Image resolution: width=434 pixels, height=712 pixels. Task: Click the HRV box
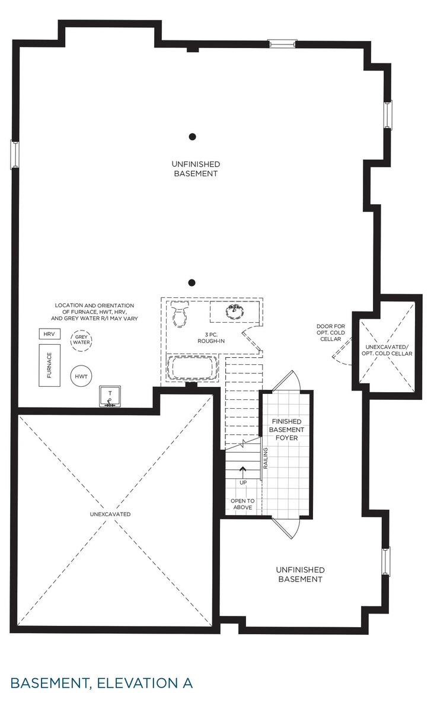click(49, 335)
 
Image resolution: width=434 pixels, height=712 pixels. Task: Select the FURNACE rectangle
click(50, 365)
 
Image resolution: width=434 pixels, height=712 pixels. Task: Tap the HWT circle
click(81, 376)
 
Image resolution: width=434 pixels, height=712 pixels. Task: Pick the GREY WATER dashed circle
click(81, 340)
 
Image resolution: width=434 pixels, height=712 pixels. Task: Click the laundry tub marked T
click(110, 396)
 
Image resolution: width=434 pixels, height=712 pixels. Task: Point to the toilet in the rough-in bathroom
click(178, 314)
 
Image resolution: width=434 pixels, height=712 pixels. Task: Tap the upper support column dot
click(192, 136)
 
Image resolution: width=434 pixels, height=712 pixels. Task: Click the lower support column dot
click(192, 283)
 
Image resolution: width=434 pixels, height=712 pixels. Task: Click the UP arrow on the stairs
click(242, 472)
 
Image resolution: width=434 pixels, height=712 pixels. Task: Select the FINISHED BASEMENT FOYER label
click(288, 430)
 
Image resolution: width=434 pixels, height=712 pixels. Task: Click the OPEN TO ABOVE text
click(242, 504)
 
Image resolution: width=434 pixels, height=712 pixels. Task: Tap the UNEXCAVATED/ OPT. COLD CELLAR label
click(387, 350)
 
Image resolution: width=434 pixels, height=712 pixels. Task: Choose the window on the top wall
click(282, 43)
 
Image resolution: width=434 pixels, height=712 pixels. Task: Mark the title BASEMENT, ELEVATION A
click(101, 682)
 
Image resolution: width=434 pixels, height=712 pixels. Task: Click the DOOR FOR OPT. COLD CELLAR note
click(331, 332)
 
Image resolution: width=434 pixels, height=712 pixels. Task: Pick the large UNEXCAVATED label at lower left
click(111, 514)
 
